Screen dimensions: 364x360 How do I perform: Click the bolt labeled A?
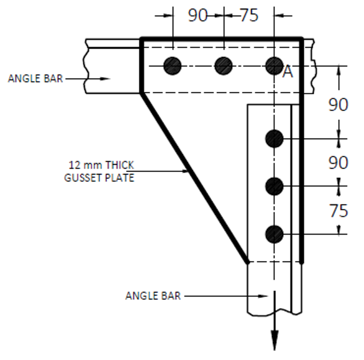[274, 66]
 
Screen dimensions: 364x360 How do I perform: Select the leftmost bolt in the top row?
[173, 66]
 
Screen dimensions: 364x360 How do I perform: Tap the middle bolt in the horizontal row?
[223, 66]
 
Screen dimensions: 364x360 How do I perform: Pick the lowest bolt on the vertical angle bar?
[275, 234]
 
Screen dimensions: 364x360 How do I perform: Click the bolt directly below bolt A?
[275, 139]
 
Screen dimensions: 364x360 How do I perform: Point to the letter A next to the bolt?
[288, 72]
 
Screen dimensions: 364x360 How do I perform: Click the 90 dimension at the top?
[198, 16]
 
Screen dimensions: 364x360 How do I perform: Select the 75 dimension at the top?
[249, 16]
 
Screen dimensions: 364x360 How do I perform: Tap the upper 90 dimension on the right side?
[338, 105]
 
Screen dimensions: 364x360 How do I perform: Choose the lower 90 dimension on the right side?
[338, 163]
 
